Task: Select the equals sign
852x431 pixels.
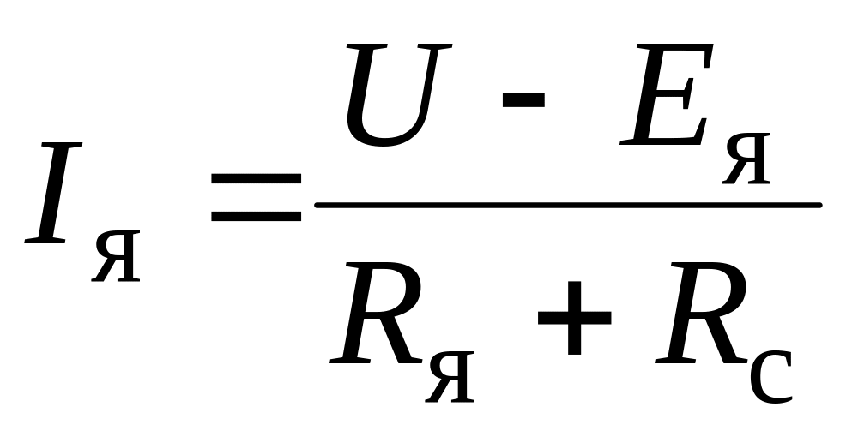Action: tap(256, 196)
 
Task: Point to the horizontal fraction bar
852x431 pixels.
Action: tap(566, 205)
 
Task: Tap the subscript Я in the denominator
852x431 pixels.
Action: tap(449, 375)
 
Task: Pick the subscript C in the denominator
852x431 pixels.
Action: tap(770, 374)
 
